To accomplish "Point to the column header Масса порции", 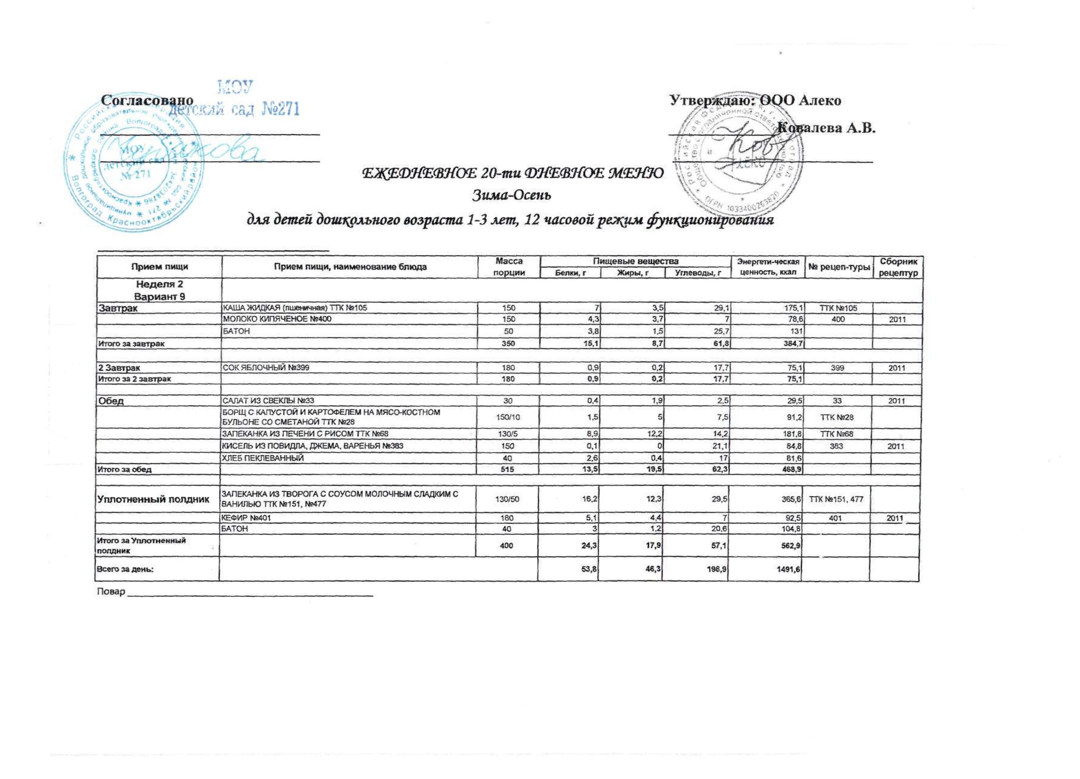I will [x=509, y=267].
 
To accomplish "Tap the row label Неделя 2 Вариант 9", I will [x=160, y=290].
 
